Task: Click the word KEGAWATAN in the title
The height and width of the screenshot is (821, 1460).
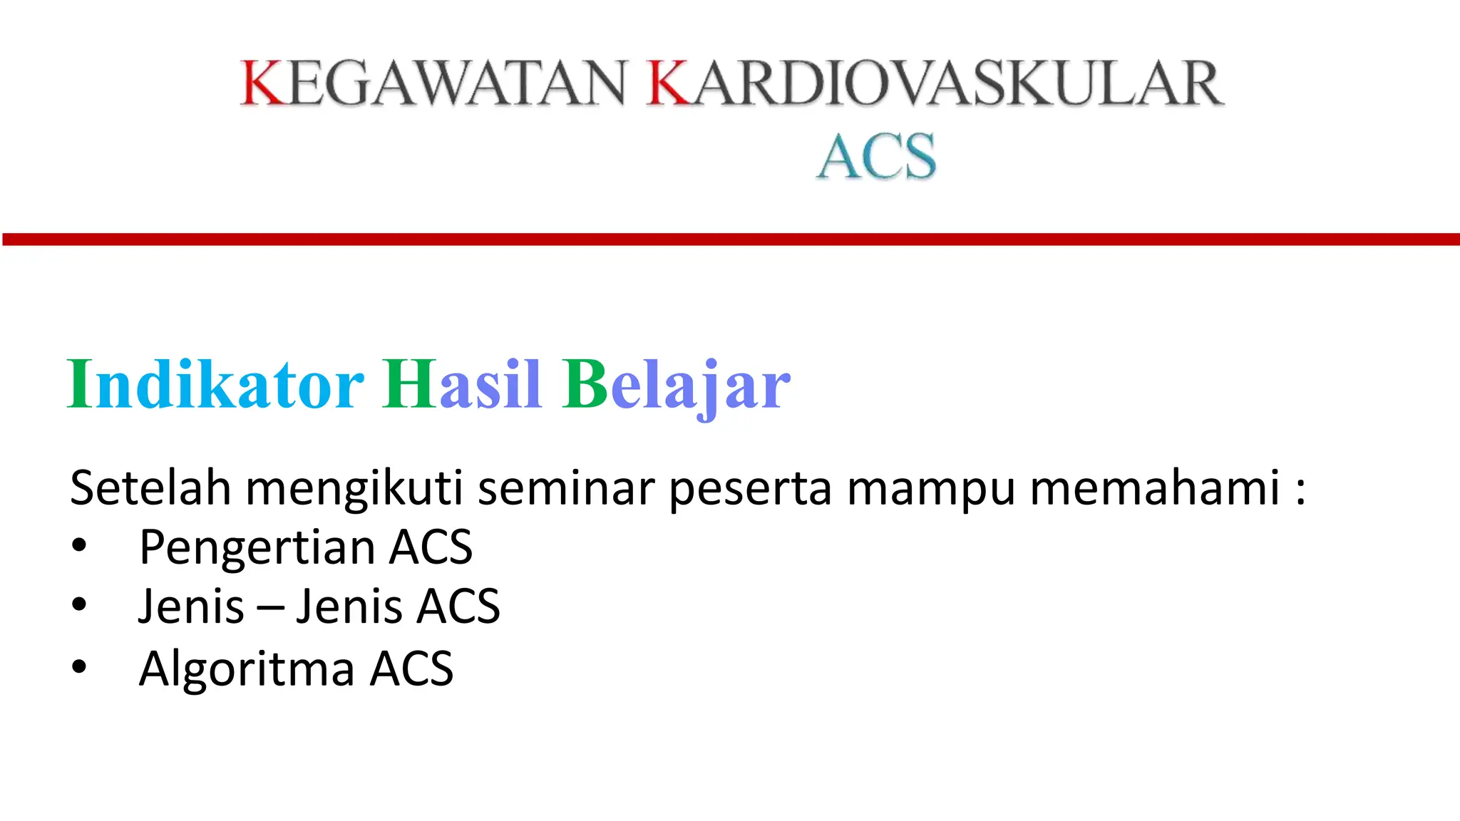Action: tap(433, 83)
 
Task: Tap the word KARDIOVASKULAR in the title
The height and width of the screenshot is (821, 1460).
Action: tap(935, 83)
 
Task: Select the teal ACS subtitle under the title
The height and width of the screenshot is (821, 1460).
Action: tap(876, 156)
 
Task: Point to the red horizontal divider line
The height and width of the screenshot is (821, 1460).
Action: tap(730, 239)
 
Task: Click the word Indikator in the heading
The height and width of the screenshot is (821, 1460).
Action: tap(215, 385)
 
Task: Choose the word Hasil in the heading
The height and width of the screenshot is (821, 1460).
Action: tap(461, 385)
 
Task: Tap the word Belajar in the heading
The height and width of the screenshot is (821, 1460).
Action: tap(676, 385)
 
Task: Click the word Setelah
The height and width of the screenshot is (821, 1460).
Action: tap(150, 488)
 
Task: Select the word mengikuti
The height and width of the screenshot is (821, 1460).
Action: tap(354, 490)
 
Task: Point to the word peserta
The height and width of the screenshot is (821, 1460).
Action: tap(750, 490)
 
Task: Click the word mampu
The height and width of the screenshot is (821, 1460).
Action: tap(930, 490)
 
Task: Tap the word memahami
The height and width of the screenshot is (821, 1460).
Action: tap(1155, 488)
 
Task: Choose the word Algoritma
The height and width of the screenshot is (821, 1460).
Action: tap(247, 669)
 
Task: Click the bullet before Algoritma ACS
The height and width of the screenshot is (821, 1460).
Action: tap(79, 668)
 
